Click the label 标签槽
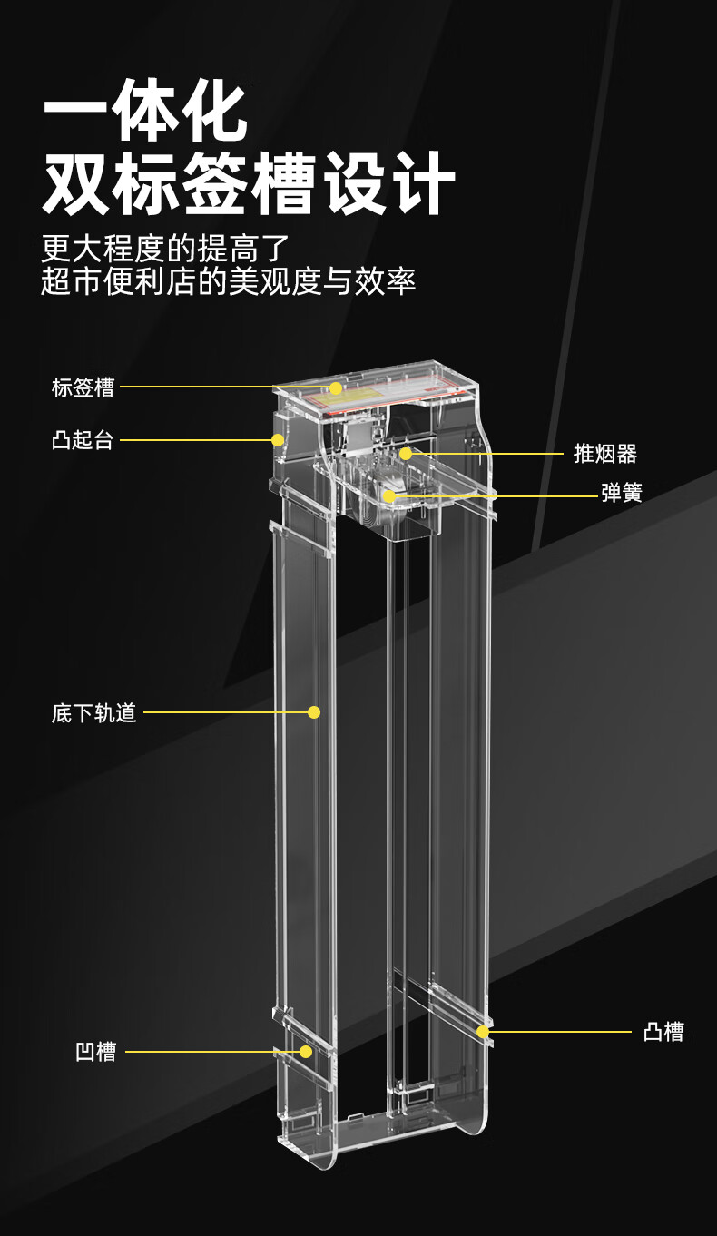click(x=83, y=387)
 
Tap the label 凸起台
click(x=83, y=441)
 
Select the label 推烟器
click(x=605, y=453)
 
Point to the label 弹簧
click(x=622, y=494)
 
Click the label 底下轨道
click(x=93, y=713)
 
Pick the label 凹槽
click(x=95, y=1053)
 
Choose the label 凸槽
click(x=663, y=1032)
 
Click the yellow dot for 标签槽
click(x=336, y=388)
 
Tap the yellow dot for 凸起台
click(x=278, y=440)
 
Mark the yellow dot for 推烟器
click(x=406, y=453)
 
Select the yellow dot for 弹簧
click(x=389, y=495)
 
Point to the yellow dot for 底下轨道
click(x=314, y=712)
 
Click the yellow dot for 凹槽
click(x=306, y=1052)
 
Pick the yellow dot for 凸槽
click(x=483, y=1032)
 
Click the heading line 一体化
click(x=146, y=112)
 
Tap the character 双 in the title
click(x=76, y=184)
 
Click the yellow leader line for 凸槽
click(x=558, y=1032)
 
